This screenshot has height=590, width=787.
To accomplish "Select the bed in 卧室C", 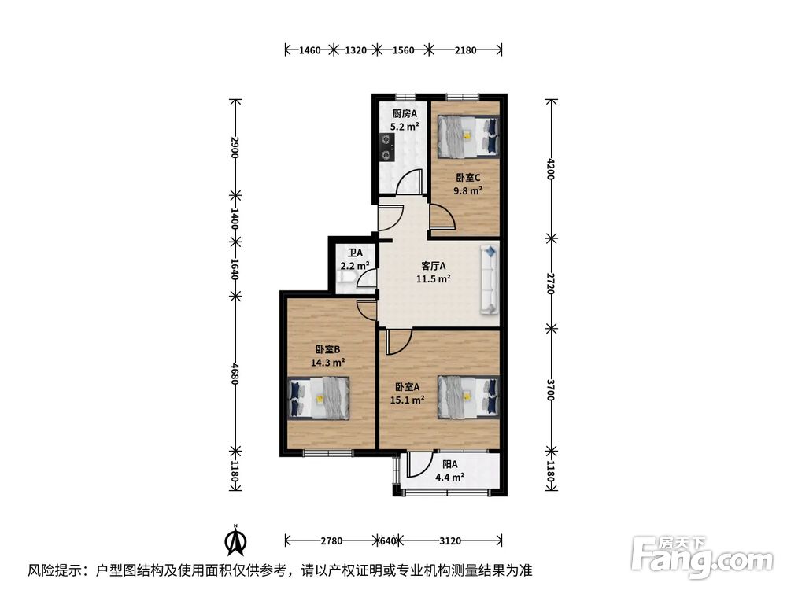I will [468, 135].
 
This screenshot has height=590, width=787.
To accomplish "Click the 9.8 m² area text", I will [467, 190].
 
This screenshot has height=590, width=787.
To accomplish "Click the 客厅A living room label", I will [433, 266].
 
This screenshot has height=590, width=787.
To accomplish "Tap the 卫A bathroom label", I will [355, 254].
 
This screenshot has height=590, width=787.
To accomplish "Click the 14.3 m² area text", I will [328, 363].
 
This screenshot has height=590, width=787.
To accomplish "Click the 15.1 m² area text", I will [408, 400].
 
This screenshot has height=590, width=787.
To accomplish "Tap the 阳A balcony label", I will [449, 464].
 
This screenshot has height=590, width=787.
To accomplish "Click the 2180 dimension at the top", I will [465, 50].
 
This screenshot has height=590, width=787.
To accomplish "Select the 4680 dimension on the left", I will [234, 372].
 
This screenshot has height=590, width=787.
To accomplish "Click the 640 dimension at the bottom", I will [387, 540].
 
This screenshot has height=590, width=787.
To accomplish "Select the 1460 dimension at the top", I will [310, 50].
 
